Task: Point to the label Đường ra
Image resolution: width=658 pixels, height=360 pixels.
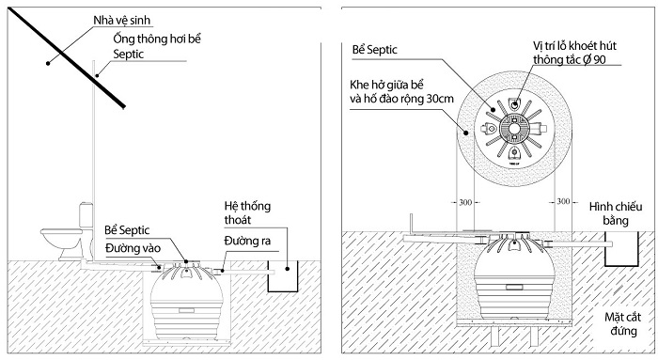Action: point(247,242)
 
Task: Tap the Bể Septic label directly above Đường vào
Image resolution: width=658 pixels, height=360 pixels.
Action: point(132,230)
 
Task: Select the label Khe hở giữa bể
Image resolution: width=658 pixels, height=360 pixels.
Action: point(385,83)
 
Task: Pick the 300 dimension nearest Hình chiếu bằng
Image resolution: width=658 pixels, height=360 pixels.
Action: point(562,202)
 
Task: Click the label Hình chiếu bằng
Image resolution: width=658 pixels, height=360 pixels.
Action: point(616,212)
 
